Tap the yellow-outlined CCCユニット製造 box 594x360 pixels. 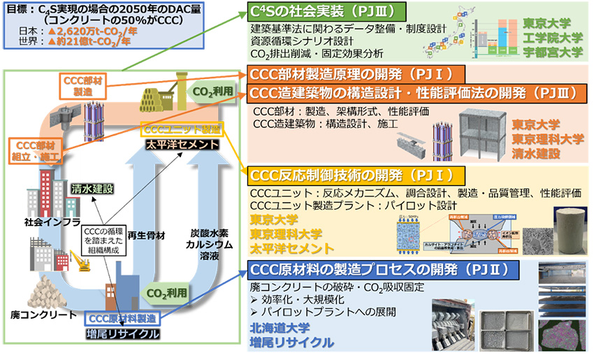(x=181, y=130)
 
